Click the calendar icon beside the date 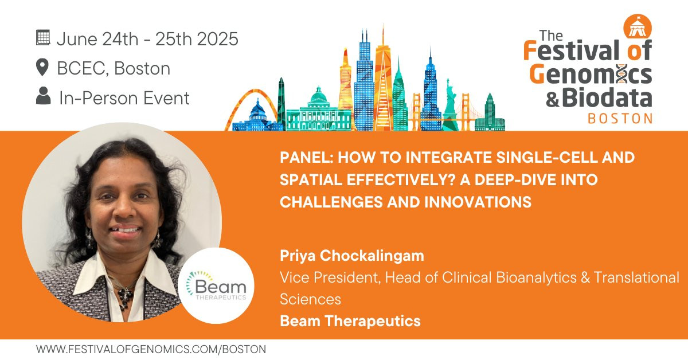43,38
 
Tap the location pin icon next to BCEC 42,67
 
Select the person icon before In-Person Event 44,96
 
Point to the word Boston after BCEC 142,68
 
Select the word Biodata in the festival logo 607,97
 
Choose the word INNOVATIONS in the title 478,202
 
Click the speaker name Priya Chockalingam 352,256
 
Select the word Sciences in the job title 311,299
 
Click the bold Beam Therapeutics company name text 350,321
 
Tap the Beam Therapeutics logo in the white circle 216,285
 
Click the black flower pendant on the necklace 126,297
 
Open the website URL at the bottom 151,350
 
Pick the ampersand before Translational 585,277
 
